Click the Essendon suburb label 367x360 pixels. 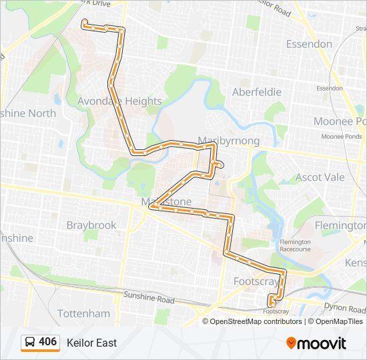click(308, 44)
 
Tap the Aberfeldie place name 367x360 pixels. click(256, 92)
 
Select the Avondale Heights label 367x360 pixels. click(119, 101)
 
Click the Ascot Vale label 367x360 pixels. click(320, 177)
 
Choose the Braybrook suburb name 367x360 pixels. click(91, 225)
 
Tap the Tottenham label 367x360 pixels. click(83, 313)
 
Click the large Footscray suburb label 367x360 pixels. click(256, 281)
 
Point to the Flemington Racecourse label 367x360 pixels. click(296, 245)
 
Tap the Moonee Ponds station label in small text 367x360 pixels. click(341, 136)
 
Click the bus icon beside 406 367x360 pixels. click(30, 342)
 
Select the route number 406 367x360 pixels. click(48, 342)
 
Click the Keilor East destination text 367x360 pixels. click(91, 343)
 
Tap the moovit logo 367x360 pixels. click(316, 343)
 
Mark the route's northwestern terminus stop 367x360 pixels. click(83, 23)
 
